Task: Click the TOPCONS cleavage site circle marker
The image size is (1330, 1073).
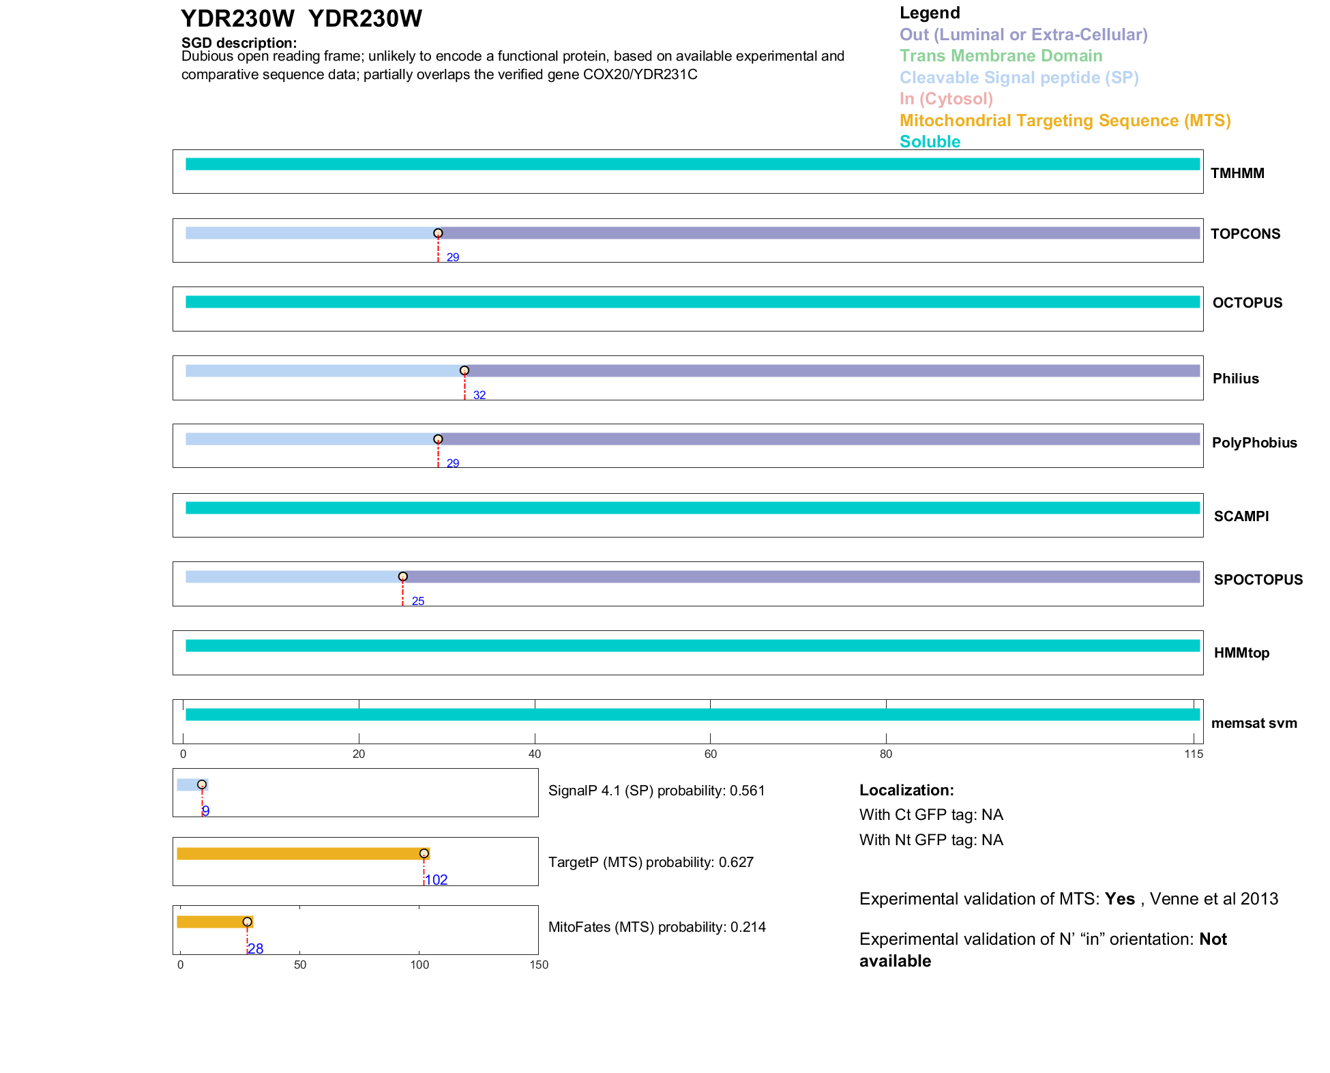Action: click(x=438, y=233)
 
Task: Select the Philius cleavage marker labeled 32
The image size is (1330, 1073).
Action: click(x=464, y=370)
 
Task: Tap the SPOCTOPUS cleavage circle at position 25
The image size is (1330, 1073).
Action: click(x=403, y=576)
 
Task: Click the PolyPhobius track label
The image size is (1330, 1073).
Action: click(x=1254, y=443)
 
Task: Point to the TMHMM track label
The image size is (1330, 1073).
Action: click(x=1237, y=173)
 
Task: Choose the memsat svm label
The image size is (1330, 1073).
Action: click(x=1254, y=723)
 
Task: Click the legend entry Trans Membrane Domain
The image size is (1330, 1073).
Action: click(x=1001, y=56)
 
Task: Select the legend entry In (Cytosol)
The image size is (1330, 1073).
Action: click(x=945, y=99)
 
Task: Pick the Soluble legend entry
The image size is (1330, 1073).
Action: click(x=930, y=142)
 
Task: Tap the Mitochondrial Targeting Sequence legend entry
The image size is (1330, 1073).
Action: click(x=1065, y=121)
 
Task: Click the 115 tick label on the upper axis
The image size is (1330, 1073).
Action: click(x=1194, y=754)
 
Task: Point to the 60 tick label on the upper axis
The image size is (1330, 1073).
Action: click(x=710, y=754)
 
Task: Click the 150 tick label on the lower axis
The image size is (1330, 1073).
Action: click(x=539, y=965)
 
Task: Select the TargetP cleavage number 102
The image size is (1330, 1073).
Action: click(x=437, y=880)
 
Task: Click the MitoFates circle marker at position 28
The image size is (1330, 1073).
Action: click(x=247, y=922)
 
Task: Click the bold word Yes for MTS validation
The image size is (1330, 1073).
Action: click(x=1119, y=899)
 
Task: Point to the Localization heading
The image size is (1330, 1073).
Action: click(x=906, y=790)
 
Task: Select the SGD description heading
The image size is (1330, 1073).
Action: click(x=239, y=43)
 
